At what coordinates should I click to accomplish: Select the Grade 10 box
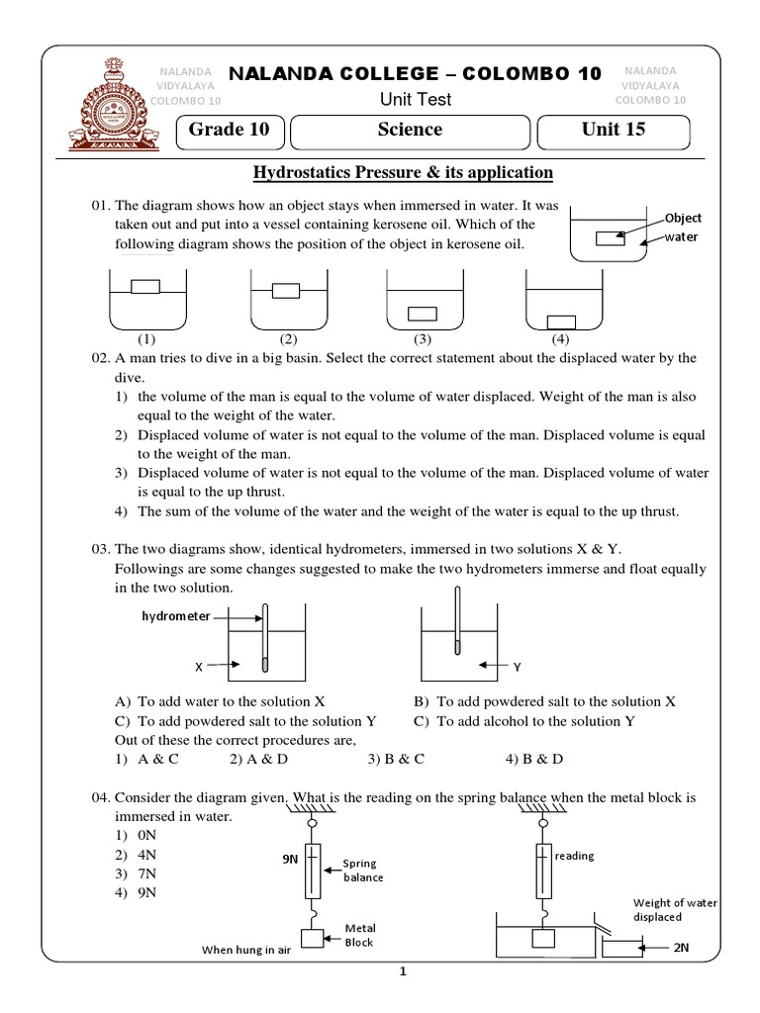(x=230, y=130)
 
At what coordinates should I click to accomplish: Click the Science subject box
(x=410, y=130)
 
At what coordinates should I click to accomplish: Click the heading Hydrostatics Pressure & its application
(x=403, y=173)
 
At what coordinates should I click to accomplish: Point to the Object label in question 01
(x=682, y=217)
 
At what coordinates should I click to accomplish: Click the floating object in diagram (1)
(x=145, y=287)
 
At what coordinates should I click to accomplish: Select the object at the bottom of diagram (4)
(x=561, y=321)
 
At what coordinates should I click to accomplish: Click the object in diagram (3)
(x=423, y=314)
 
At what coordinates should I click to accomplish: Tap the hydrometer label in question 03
(x=176, y=615)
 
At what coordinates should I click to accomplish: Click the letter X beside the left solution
(x=198, y=668)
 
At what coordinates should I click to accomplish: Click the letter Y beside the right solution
(x=516, y=666)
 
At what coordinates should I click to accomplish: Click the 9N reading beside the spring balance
(x=290, y=860)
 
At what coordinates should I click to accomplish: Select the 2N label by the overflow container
(x=681, y=948)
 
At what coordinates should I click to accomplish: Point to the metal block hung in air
(x=313, y=939)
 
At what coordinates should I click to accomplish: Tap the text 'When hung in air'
(x=244, y=950)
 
